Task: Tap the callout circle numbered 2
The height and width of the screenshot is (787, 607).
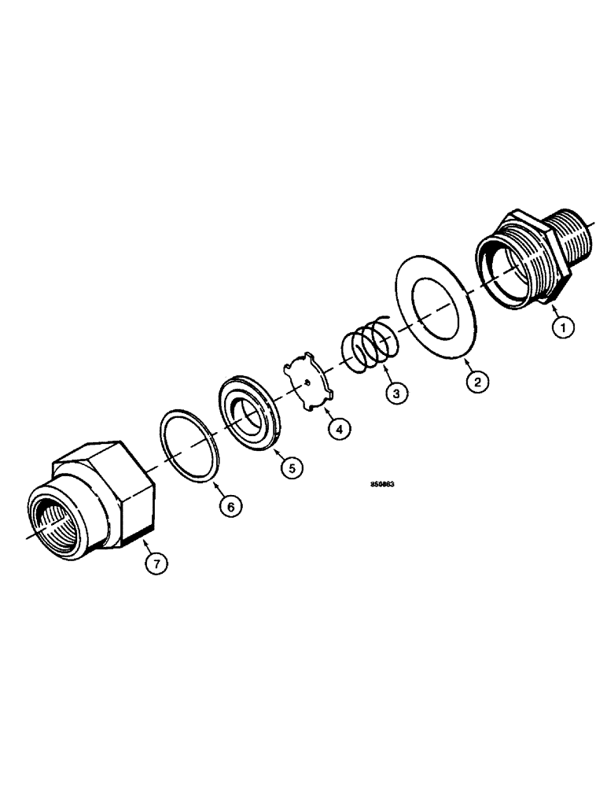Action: pos(476,383)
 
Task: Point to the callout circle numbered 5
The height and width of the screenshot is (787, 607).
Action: pos(291,467)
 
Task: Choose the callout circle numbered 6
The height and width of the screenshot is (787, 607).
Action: pos(230,506)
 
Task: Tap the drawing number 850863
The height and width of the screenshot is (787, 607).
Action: pos(381,486)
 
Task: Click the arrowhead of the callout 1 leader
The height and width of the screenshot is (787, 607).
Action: pos(552,305)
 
